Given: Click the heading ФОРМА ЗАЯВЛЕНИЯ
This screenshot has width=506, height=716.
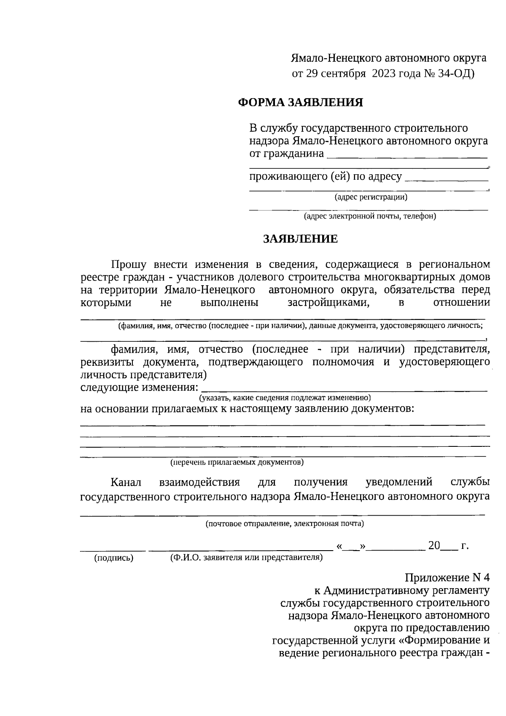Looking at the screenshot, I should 301,103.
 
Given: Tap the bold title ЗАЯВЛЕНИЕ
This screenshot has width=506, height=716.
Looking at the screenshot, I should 301,239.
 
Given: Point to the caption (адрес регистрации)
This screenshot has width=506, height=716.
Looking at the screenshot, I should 371,197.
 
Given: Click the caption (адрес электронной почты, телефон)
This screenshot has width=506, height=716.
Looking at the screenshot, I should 370,216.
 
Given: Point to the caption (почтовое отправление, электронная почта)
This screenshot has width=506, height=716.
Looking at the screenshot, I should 285,524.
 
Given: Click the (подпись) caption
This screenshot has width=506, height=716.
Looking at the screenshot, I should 113,558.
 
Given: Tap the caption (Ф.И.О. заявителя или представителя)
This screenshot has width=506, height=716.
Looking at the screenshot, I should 246,558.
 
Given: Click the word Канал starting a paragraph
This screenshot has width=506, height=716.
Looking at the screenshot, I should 126,482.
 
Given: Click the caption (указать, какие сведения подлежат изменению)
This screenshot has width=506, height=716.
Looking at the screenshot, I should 285,398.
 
